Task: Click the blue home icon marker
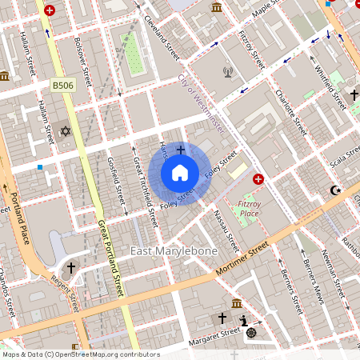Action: [x=180, y=173]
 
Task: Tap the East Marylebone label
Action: [x=174, y=252]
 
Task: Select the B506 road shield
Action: [x=63, y=85]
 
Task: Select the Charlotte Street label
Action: [x=290, y=113]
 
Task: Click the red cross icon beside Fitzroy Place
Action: [x=258, y=179]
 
